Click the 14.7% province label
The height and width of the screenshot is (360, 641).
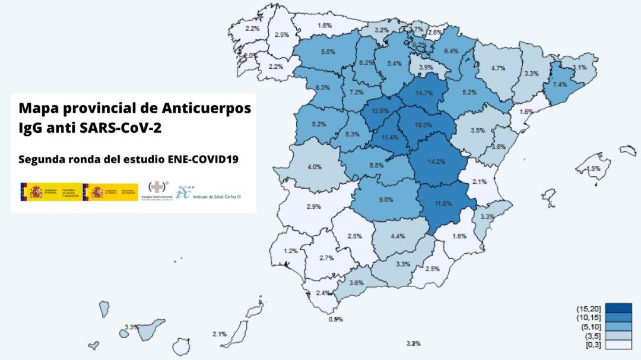(x=424, y=93)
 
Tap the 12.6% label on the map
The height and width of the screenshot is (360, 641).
(x=380, y=111)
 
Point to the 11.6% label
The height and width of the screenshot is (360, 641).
(x=443, y=203)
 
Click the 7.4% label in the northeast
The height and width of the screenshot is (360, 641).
(x=560, y=85)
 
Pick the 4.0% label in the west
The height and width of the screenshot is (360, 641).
(x=314, y=167)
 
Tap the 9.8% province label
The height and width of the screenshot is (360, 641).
(x=386, y=200)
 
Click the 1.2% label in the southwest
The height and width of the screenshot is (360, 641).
(x=290, y=251)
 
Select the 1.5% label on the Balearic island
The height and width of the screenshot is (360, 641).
(x=593, y=168)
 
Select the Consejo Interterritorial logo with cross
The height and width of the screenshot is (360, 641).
(x=158, y=192)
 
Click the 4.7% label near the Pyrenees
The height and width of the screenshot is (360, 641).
(x=498, y=68)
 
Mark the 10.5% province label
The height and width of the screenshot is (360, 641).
(x=423, y=125)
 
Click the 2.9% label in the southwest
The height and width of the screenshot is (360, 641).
(x=313, y=206)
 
